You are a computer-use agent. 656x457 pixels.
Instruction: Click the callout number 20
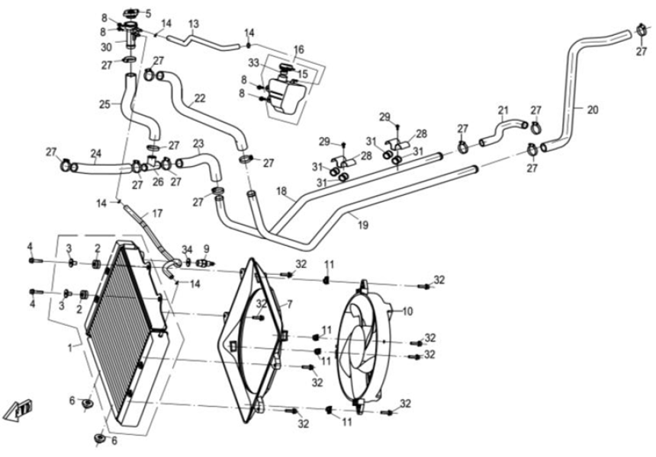click(x=593, y=109)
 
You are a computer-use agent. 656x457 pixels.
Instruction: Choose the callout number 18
click(x=281, y=191)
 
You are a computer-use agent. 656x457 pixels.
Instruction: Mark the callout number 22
click(x=200, y=98)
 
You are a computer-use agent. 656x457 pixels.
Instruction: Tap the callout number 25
click(x=104, y=104)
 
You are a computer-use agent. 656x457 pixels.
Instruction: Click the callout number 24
click(x=96, y=152)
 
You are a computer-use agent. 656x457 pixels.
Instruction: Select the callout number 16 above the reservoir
click(x=299, y=49)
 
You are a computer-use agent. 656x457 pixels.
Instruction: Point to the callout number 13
click(x=194, y=24)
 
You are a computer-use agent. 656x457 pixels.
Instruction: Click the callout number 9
click(x=205, y=248)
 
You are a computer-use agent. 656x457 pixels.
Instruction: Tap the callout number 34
click(x=187, y=250)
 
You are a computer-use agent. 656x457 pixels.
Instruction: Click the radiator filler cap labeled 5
click(x=133, y=13)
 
